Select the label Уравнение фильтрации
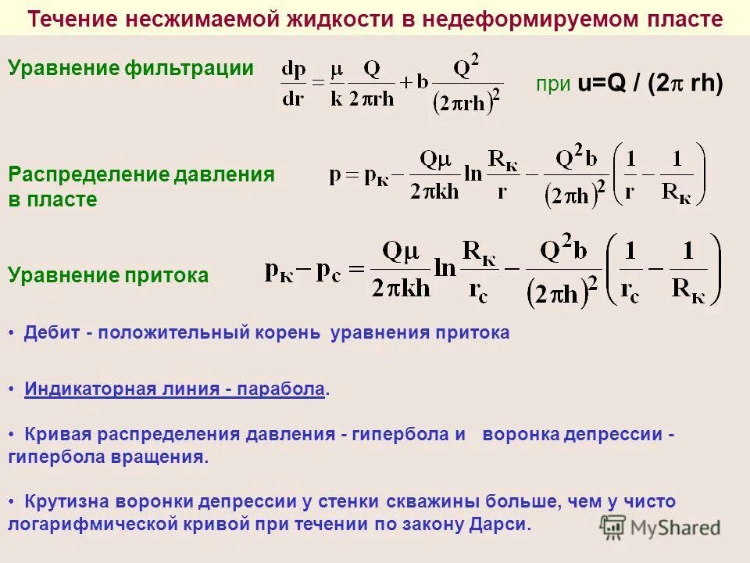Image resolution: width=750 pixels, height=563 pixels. point(131,68)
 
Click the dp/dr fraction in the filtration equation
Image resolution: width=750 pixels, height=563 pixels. point(294,84)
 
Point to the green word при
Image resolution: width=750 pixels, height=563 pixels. point(552,84)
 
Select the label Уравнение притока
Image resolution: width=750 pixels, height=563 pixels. point(109,275)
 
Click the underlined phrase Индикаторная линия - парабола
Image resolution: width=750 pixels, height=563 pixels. point(174,389)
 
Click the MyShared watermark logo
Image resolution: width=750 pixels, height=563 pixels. point(660,527)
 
